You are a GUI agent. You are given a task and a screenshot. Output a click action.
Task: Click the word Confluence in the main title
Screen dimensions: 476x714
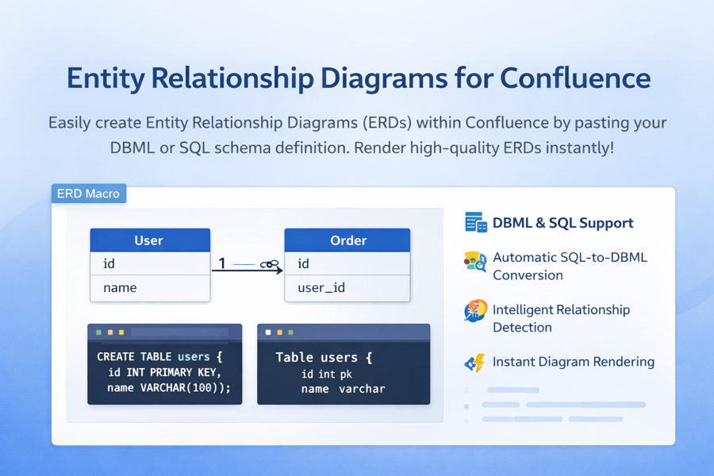click(x=575, y=79)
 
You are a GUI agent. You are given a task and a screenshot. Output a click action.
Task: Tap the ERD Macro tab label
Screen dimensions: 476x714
click(x=88, y=194)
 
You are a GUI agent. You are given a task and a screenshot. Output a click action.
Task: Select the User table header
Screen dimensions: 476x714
click(x=149, y=240)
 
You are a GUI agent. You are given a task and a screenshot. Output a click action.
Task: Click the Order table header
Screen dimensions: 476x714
click(x=347, y=240)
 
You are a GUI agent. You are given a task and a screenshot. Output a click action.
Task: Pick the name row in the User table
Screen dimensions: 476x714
click(x=149, y=288)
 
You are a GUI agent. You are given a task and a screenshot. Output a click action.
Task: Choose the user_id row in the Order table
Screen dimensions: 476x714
click(x=347, y=288)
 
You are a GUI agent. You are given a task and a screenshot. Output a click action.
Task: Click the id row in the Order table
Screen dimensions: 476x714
click(x=347, y=264)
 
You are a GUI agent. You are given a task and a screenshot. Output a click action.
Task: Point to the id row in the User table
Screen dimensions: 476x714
click(x=149, y=264)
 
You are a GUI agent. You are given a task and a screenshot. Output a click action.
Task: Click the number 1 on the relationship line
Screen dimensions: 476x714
click(x=222, y=263)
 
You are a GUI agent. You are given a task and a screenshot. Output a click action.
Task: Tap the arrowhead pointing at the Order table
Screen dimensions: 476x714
click(x=278, y=271)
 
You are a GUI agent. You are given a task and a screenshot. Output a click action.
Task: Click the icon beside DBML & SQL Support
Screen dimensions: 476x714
click(x=475, y=223)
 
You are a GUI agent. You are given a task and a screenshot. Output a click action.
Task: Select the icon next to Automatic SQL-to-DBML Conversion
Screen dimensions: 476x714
click(x=475, y=262)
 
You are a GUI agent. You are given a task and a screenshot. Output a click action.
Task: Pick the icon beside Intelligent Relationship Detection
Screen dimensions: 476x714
click(x=475, y=311)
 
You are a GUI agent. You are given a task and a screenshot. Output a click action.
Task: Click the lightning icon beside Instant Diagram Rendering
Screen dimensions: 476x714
click(x=475, y=363)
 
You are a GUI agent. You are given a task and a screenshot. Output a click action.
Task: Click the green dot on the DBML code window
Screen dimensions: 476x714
click(x=291, y=332)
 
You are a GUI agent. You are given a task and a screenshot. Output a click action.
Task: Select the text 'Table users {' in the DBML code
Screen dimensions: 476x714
click(x=324, y=358)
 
